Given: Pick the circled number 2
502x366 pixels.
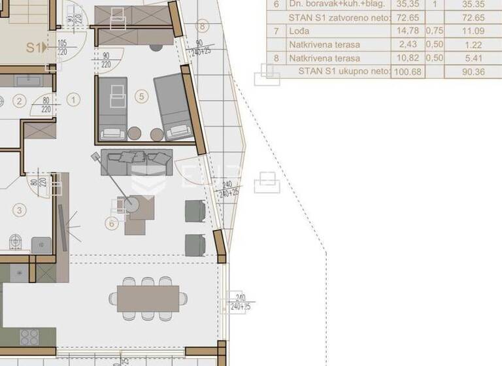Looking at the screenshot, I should (19, 101).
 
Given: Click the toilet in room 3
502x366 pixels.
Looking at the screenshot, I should (16, 243).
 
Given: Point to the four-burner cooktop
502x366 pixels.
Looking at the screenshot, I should (29, 337).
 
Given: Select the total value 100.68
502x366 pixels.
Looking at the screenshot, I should (407, 72).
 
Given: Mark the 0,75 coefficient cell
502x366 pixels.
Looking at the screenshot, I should (434, 31).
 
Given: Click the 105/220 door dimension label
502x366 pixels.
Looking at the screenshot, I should (63, 48).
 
